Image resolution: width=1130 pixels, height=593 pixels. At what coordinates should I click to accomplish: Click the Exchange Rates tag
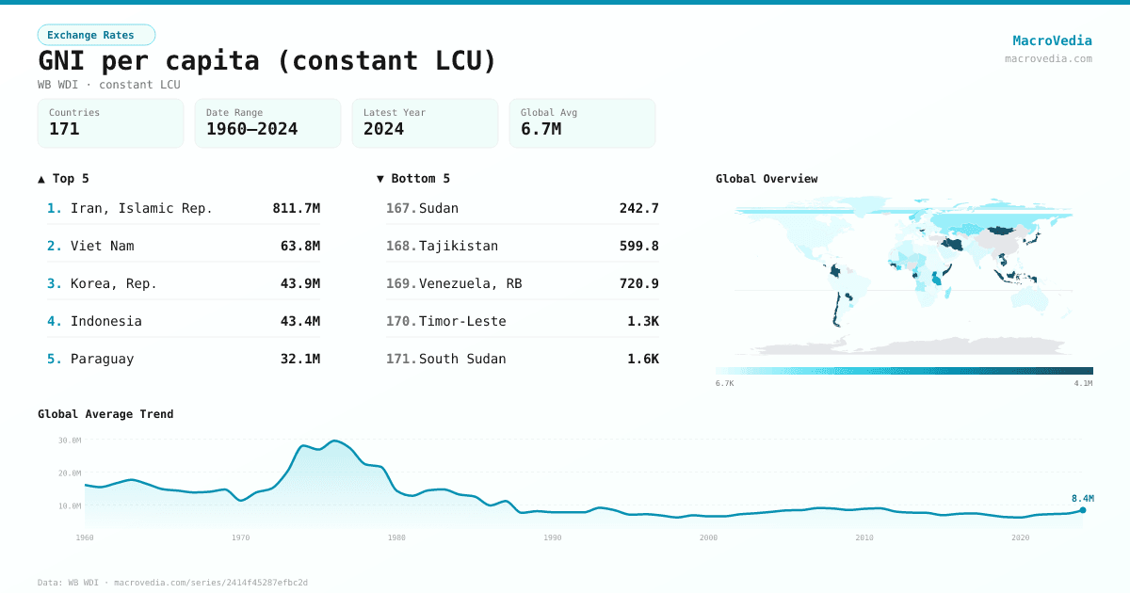tap(96, 35)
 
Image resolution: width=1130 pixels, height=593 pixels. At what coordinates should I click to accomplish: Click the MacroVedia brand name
tap(1052, 40)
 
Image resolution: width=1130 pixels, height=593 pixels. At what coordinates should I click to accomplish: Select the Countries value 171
tap(64, 129)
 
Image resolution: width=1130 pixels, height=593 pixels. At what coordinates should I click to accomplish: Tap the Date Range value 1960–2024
tap(251, 129)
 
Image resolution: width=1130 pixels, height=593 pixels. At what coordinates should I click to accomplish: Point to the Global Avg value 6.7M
tap(541, 129)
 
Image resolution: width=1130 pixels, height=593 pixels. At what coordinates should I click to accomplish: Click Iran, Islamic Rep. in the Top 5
tap(141, 208)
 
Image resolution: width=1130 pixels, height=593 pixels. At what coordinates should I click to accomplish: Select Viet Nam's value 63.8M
tap(300, 246)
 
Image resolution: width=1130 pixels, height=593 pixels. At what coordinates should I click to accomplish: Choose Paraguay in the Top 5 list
tap(102, 359)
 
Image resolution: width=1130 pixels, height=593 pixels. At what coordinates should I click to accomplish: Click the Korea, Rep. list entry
tap(113, 283)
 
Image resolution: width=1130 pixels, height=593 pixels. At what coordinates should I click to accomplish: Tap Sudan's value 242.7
tap(638, 208)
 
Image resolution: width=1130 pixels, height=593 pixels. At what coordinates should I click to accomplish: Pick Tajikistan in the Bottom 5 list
tap(459, 246)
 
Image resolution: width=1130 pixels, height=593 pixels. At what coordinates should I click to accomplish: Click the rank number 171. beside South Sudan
tap(400, 359)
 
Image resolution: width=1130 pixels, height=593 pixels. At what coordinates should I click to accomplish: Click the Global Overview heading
tap(767, 179)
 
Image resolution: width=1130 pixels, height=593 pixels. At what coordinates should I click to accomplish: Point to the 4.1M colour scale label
tap(1083, 383)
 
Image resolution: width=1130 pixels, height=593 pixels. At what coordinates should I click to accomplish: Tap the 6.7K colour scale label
tap(724, 383)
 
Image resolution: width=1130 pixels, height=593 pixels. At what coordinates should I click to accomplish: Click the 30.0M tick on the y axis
tap(69, 441)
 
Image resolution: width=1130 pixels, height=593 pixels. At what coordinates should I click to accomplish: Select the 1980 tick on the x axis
tap(396, 537)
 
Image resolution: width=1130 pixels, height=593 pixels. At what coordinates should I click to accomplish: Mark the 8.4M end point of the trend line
tap(1083, 510)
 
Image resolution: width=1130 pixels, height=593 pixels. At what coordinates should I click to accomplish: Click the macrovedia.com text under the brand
tap(1048, 58)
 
